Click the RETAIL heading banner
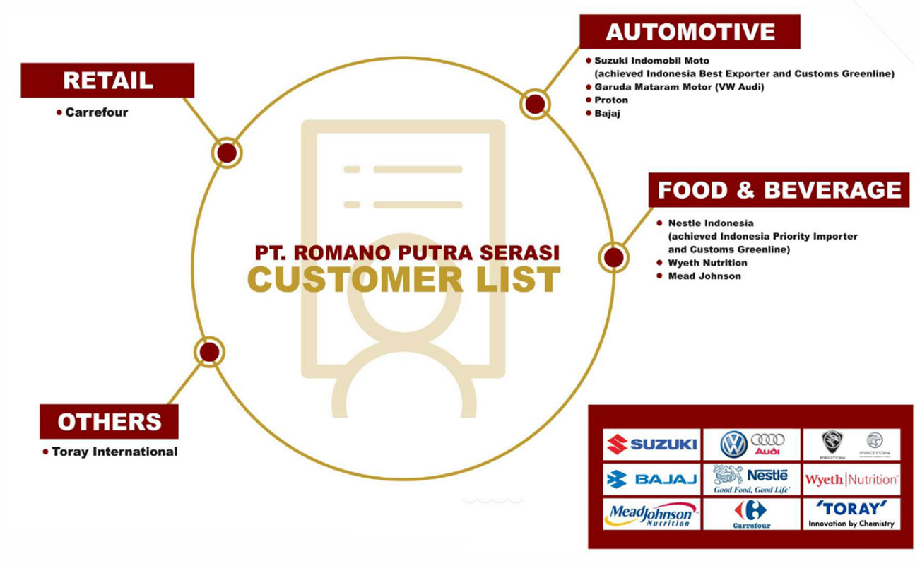107,81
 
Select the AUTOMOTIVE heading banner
690,32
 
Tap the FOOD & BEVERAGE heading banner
779,190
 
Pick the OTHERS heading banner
109,422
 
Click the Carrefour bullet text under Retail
96,112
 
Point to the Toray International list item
114,452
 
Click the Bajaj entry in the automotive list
607,114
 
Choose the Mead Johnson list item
704,276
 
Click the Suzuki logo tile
651,444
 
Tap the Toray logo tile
851,514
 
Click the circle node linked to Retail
227,153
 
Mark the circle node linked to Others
208,352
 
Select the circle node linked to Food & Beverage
614,257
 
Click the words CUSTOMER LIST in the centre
403,278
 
